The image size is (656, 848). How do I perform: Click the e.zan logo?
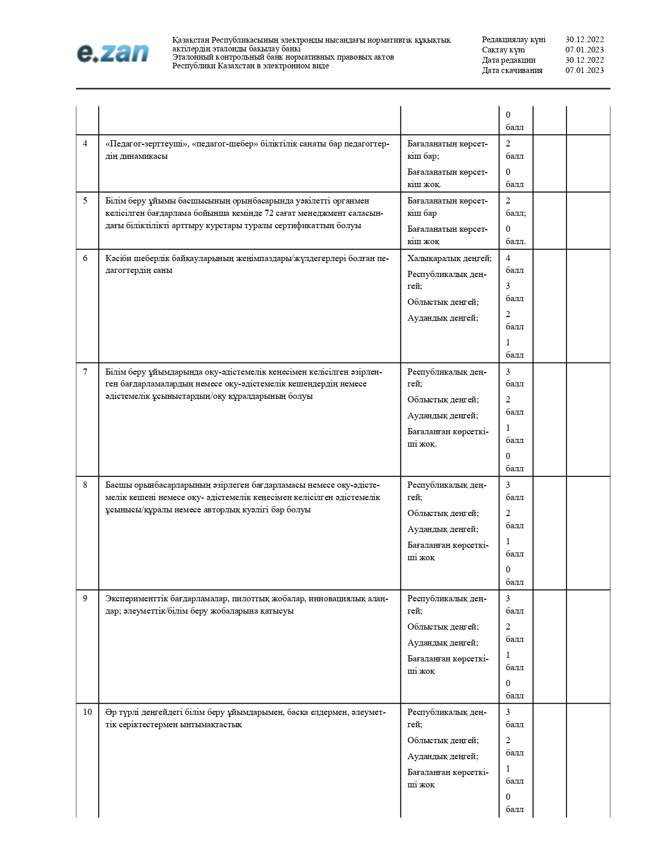pos(113,53)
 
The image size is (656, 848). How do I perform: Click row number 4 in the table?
pos(85,144)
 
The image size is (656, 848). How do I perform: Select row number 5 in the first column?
pos(85,201)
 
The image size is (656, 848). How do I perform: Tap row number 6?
pos(85,258)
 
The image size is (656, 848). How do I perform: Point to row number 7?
pos(85,372)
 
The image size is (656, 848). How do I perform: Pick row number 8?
pos(85,485)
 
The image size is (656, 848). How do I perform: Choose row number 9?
pos(85,598)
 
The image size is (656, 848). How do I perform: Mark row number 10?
pos(87,712)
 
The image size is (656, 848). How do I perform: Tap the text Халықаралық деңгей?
pos(449,258)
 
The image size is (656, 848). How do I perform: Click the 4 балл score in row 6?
pos(514,264)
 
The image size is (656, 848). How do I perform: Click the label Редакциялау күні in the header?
pos(513,40)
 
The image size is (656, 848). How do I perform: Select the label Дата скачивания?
pos(512,70)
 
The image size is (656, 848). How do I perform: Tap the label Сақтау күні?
pos(503,50)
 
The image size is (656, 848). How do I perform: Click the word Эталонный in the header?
pos(190,57)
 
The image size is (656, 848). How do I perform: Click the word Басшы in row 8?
pos(116,485)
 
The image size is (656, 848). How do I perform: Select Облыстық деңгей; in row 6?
pos(443,302)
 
